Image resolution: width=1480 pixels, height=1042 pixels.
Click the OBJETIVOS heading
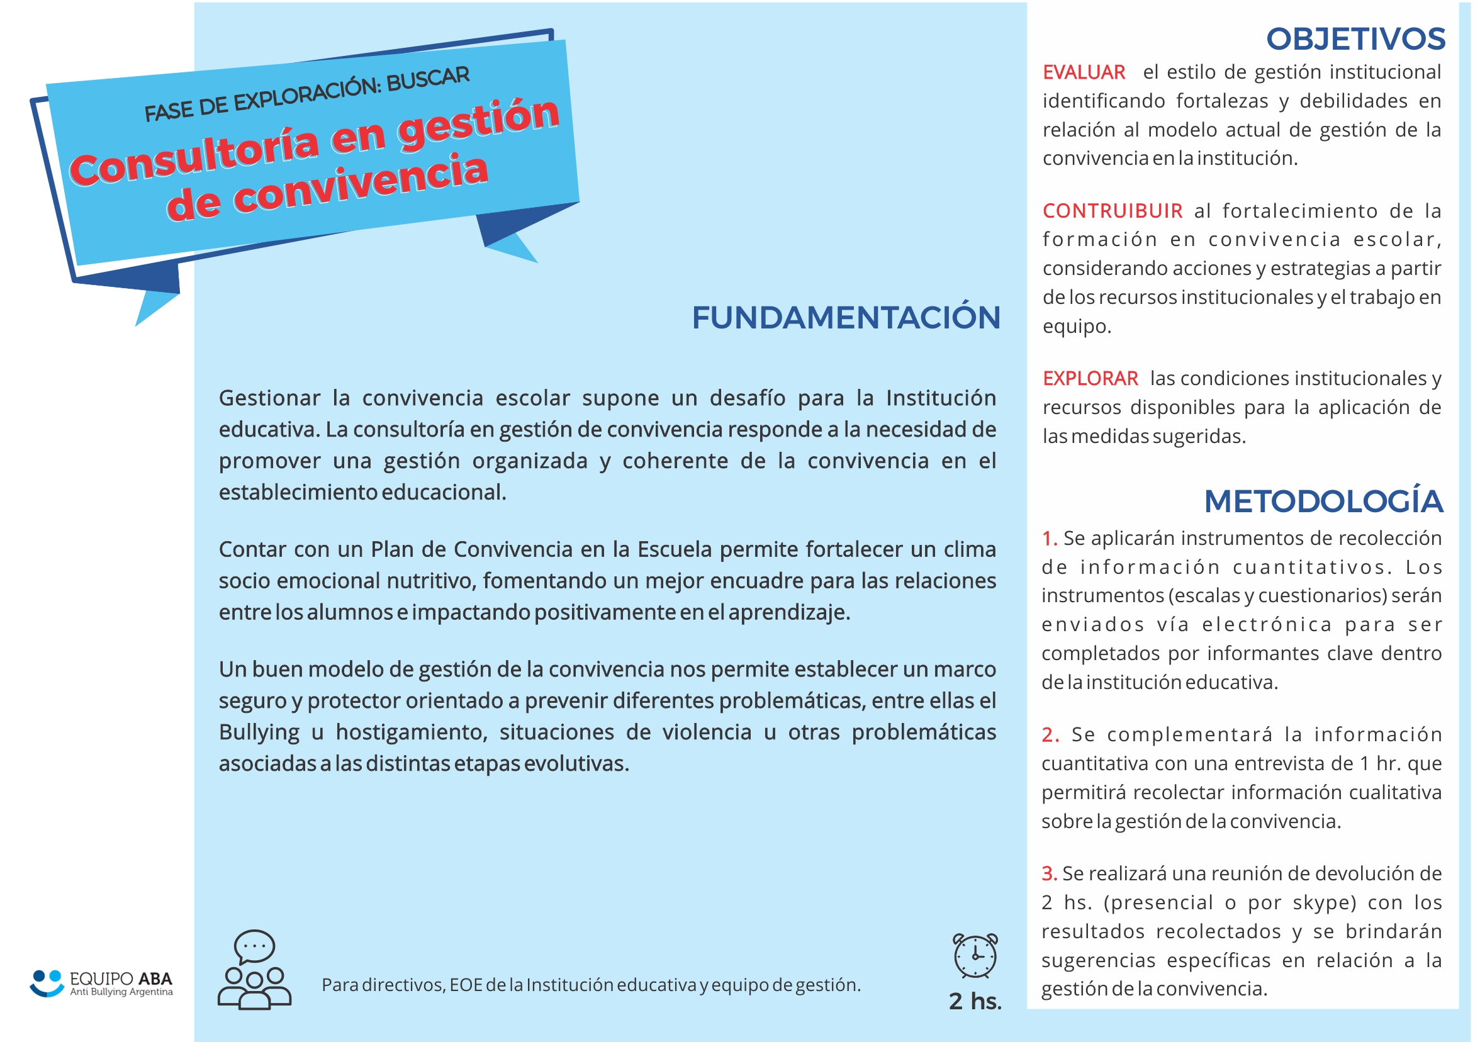click(x=1355, y=40)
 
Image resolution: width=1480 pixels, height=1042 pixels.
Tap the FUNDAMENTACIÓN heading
click(x=845, y=318)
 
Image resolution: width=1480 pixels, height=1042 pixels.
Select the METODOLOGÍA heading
click(x=1323, y=502)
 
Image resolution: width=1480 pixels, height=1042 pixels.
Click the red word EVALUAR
click(x=1084, y=72)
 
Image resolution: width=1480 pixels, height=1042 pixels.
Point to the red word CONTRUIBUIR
click(x=1112, y=211)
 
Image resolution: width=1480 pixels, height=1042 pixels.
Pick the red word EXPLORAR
click(x=1090, y=378)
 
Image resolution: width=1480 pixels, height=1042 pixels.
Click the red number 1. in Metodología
click(x=1049, y=538)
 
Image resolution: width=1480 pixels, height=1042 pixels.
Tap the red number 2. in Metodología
click(x=1050, y=734)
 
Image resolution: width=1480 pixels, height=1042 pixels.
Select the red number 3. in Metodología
click(x=1049, y=874)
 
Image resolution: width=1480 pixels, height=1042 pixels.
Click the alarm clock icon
click(x=975, y=955)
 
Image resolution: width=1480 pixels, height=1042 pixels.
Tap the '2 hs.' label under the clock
click(x=975, y=1000)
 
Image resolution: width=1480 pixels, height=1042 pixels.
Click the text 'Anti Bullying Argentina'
click(x=121, y=992)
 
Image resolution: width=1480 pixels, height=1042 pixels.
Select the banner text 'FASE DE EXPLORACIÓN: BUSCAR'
click(x=307, y=94)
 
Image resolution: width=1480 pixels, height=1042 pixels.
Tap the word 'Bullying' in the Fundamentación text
click(x=259, y=732)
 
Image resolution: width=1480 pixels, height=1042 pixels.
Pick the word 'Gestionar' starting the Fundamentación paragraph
click(x=269, y=398)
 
